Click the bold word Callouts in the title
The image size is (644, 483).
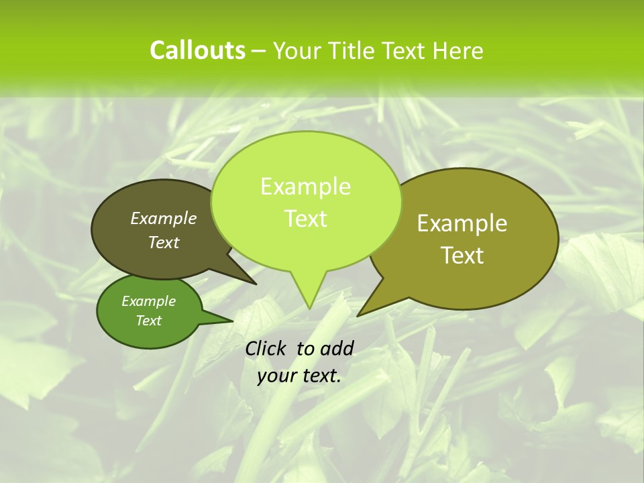pos(197,50)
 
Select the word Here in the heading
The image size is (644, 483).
pos(459,50)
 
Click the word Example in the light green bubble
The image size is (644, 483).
pos(305,186)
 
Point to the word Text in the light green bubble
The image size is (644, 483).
pos(305,219)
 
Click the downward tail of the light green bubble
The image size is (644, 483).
pos(308,292)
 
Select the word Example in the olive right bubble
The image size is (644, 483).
pos(462,223)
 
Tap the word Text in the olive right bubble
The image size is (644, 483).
pos(462,256)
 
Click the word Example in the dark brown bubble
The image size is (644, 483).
pos(164,218)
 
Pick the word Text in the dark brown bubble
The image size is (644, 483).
pos(164,242)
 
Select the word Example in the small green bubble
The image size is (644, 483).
pos(148,301)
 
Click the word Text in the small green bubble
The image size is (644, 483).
pos(148,321)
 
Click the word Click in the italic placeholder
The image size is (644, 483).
pos(265,348)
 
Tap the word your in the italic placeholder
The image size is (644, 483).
pos(276,376)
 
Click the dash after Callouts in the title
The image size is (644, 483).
pos(259,51)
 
